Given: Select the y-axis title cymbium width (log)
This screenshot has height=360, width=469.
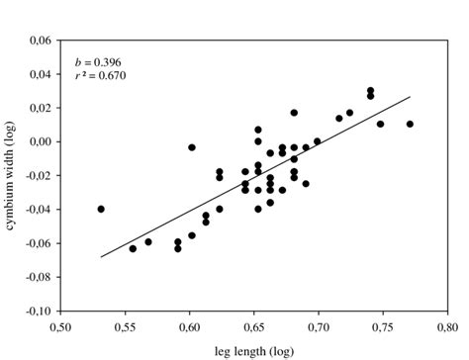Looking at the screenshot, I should [x=11, y=176].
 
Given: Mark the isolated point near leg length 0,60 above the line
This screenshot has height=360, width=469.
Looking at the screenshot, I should [x=192, y=147].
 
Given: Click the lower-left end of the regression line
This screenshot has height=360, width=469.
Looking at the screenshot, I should [x=101, y=257].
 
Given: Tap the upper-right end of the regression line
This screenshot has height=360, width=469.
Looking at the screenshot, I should [x=410, y=97].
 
